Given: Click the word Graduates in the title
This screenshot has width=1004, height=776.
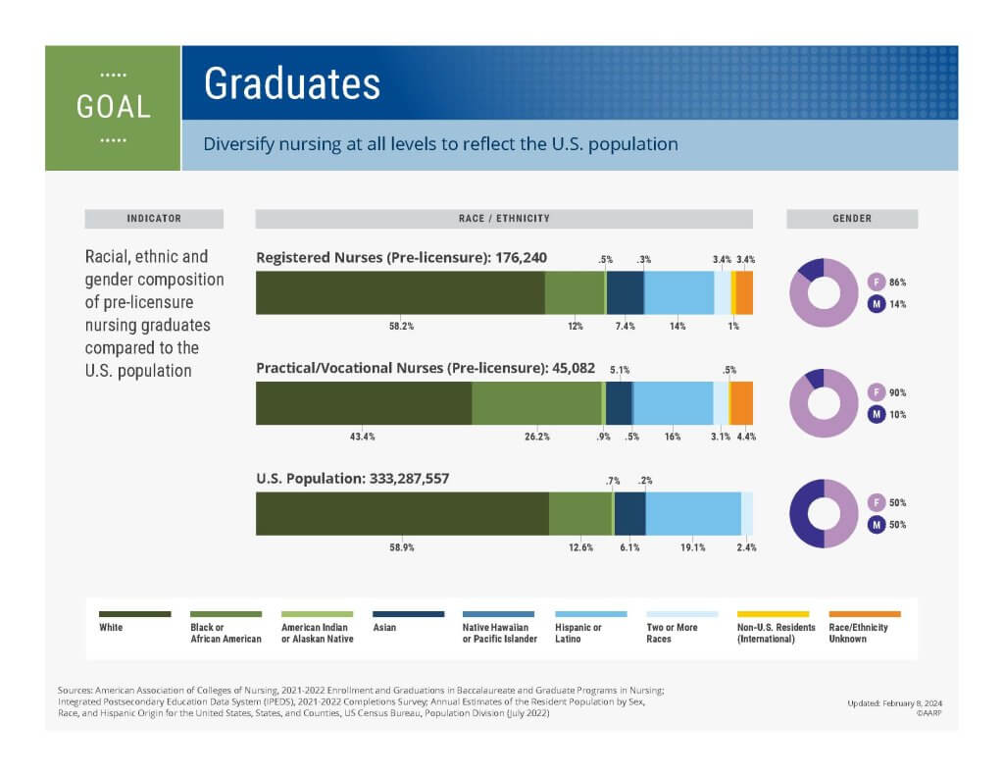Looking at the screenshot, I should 291,84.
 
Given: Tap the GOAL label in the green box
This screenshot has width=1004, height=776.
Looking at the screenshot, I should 114,107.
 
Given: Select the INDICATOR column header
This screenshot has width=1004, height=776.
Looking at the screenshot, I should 154,219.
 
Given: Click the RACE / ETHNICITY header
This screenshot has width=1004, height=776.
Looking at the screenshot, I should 504,219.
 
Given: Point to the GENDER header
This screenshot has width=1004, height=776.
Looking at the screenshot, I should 852,219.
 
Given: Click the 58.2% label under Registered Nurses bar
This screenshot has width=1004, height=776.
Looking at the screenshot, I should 401,326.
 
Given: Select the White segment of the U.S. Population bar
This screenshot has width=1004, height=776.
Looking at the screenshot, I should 402,513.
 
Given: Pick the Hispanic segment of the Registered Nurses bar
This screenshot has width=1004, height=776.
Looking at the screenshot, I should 678,292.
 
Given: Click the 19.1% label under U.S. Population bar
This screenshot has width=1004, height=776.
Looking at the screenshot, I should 692,547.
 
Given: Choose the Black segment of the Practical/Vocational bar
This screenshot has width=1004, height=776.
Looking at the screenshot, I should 536,403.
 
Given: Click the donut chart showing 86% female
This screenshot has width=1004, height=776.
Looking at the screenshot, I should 824,292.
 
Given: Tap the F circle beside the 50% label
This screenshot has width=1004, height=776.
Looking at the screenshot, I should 878,503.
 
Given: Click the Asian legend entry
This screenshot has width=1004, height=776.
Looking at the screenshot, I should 384,627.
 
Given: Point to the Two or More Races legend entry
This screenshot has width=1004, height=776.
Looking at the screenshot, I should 673,633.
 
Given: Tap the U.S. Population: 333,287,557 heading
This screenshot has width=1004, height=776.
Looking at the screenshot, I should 353,480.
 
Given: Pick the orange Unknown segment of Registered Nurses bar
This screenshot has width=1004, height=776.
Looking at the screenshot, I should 744,292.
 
